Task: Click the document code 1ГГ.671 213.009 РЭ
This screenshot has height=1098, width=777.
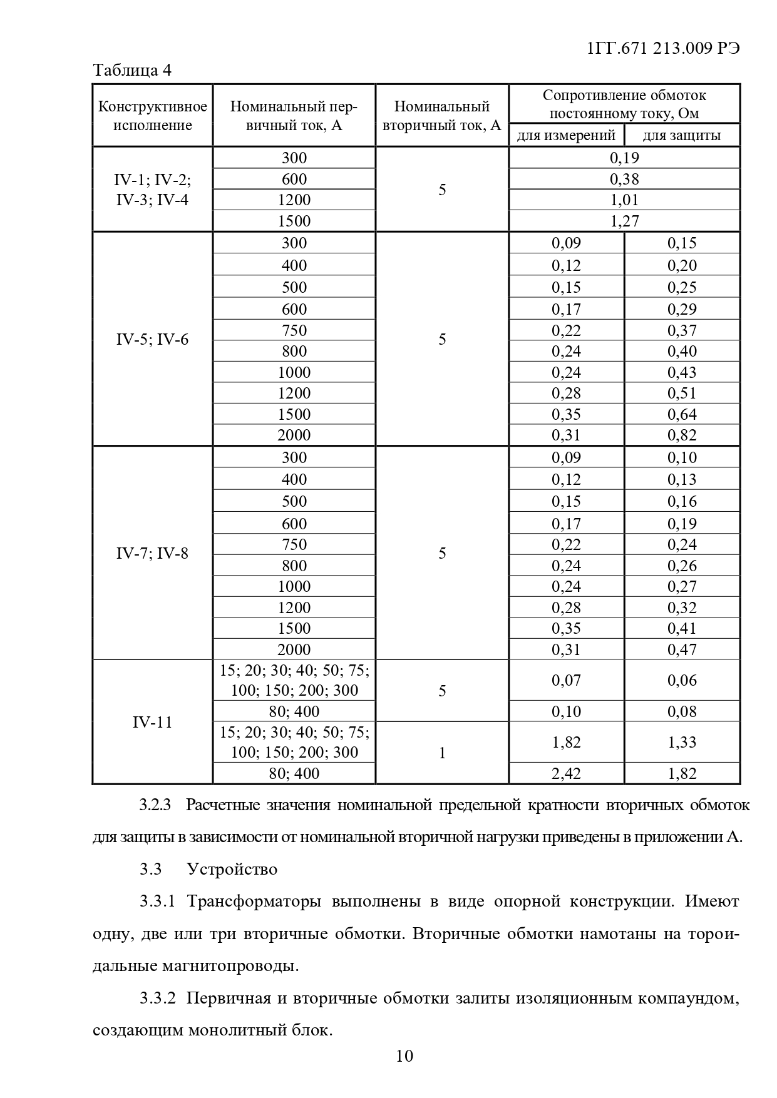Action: click(664, 48)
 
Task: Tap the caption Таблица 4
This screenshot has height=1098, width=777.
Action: click(132, 70)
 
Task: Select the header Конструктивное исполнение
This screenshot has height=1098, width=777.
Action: click(152, 115)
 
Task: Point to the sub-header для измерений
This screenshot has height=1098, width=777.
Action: click(566, 135)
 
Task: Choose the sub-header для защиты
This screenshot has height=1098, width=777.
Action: click(682, 135)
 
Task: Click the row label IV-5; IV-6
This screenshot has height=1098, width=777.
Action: click(152, 340)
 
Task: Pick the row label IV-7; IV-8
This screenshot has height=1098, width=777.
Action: click(152, 553)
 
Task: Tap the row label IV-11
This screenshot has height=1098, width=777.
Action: click(152, 722)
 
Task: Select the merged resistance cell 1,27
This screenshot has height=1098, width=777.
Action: click(624, 221)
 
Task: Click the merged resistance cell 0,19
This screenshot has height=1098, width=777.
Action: click(624, 158)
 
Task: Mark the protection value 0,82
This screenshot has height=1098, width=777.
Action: click(682, 435)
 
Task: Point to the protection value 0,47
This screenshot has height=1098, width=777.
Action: click(682, 649)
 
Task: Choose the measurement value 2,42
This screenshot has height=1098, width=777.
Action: click(566, 773)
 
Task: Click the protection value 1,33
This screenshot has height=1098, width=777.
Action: click(682, 742)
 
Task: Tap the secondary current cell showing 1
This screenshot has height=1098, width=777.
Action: click(442, 753)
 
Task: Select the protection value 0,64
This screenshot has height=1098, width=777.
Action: click(682, 414)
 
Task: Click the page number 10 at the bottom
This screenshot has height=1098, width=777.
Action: click(404, 1056)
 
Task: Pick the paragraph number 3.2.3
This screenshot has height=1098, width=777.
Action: click(155, 805)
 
